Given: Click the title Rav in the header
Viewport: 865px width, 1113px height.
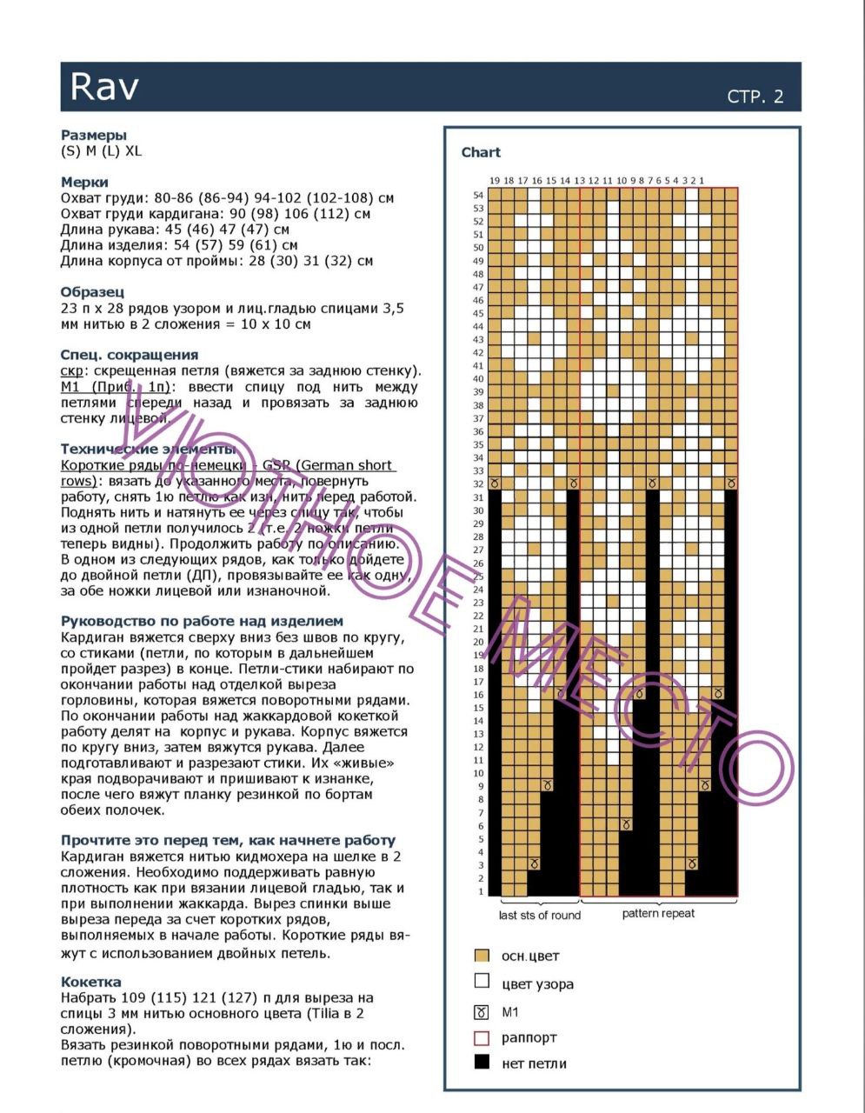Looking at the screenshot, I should click(x=104, y=86).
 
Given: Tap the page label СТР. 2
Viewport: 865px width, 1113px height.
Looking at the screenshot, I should click(x=755, y=97).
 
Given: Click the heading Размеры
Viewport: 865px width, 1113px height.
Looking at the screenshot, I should click(x=94, y=135).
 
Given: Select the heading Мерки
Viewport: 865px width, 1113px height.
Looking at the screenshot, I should click(x=84, y=182).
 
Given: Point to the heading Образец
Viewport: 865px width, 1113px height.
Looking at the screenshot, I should click(x=92, y=291).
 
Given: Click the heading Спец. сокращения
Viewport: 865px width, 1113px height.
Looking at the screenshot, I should click(x=130, y=354).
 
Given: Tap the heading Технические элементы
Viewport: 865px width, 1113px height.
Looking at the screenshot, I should click(x=148, y=449).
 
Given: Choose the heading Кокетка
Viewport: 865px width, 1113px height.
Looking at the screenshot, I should click(x=91, y=982).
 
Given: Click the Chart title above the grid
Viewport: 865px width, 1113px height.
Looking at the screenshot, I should click(x=481, y=152).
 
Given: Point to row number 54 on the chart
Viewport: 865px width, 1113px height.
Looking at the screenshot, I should click(x=478, y=195).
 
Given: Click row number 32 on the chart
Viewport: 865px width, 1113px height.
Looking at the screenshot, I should click(x=478, y=483).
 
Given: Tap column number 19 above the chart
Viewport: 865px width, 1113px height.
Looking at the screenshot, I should click(x=495, y=180).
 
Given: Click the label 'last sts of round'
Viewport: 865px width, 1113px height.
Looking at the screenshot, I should click(x=539, y=915).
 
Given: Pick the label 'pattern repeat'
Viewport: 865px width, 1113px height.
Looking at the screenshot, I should click(x=658, y=914).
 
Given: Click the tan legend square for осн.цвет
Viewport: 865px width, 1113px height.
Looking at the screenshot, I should click(x=482, y=956).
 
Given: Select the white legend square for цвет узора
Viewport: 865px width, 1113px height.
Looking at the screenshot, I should click(x=482, y=982).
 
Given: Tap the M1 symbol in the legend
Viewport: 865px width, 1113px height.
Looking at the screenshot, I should click(x=482, y=1012).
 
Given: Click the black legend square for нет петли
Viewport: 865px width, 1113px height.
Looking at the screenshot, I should click(x=482, y=1063).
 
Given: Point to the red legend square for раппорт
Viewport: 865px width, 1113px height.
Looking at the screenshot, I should click(x=482, y=1037).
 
